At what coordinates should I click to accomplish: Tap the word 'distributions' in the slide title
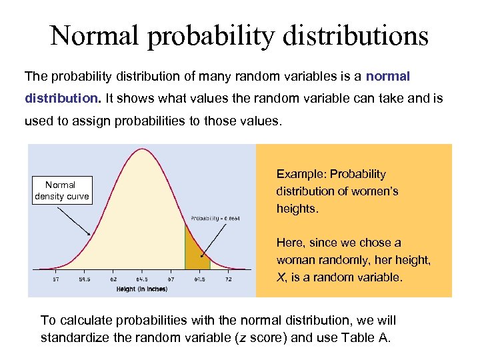click(x=353, y=36)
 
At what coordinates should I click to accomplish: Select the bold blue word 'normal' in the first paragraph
click(x=388, y=76)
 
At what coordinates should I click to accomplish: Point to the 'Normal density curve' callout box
click(x=61, y=190)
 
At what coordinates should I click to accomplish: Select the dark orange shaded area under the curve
click(x=194, y=252)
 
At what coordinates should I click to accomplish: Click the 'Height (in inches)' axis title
click(x=142, y=289)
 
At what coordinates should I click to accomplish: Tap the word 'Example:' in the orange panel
click(x=298, y=174)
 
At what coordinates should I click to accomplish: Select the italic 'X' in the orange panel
click(x=280, y=277)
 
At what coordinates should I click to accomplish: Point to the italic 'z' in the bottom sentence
click(x=241, y=337)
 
